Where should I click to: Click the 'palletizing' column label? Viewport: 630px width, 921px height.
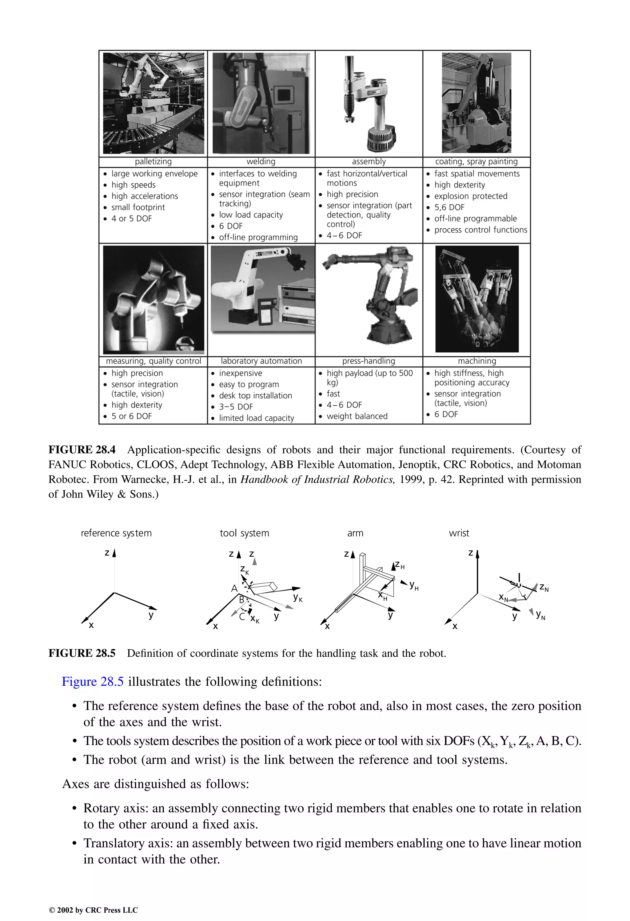(x=153, y=162)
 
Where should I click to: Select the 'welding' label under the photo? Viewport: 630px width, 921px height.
(x=261, y=162)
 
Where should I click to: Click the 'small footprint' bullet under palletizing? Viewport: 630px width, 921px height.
(x=138, y=207)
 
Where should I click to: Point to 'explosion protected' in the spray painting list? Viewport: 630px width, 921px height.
(x=470, y=196)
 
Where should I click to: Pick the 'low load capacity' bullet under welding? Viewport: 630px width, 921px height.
(x=251, y=215)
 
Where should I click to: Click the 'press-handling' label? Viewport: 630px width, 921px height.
(x=369, y=361)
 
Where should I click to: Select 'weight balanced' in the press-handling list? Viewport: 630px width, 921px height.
(x=357, y=416)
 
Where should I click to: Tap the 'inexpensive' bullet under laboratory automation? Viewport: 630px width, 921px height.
(x=241, y=373)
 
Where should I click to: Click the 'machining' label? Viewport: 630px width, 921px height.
(x=477, y=361)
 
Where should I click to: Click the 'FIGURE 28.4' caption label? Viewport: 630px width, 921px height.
(x=82, y=450)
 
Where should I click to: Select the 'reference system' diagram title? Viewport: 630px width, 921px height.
(x=116, y=533)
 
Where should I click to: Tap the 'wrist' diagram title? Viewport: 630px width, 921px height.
(x=459, y=533)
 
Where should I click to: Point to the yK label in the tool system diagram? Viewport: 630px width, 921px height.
(x=297, y=597)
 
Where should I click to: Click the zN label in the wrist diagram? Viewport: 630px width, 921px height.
(x=544, y=587)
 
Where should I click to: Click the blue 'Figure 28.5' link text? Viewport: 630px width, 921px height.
(x=93, y=682)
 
